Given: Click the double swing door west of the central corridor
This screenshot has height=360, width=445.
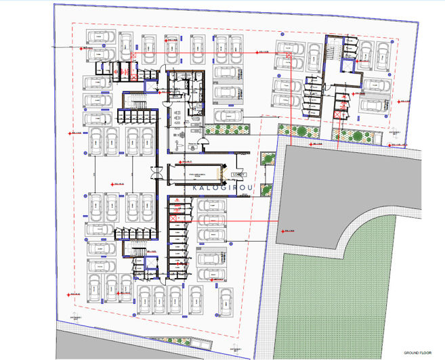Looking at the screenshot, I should click(158, 174).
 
